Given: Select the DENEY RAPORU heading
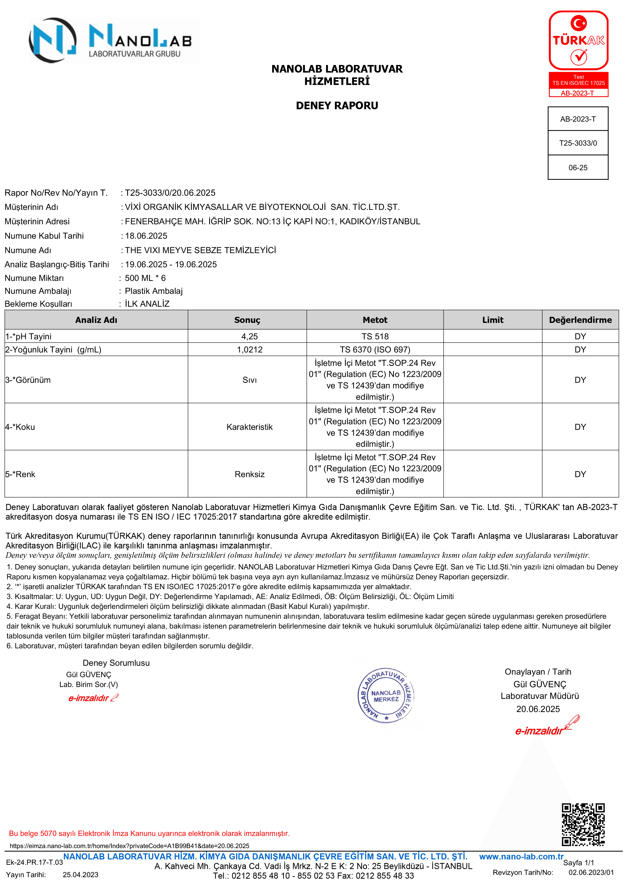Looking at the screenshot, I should click(x=337, y=105).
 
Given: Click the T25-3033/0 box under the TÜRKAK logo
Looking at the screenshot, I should click(x=578, y=143).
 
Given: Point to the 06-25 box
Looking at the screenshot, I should click(x=578, y=168).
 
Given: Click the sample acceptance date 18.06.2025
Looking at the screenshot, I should click(x=146, y=236).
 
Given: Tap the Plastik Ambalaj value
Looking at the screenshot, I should click(x=153, y=291).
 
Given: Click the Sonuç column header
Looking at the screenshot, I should click(x=247, y=320).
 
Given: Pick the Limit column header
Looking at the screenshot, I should click(x=492, y=320).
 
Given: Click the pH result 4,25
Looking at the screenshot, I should click(x=250, y=337).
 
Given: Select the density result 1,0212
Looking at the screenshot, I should click(x=250, y=350).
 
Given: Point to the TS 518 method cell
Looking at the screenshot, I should click(x=375, y=337).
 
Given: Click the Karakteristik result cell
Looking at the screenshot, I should click(x=250, y=427).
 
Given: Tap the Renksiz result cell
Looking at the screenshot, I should click(x=250, y=474).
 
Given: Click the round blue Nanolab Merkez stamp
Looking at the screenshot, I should click(x=386, y=695).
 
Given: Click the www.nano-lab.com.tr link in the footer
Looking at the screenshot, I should click(x=521, y=856).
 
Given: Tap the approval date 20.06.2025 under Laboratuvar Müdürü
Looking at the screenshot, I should click(x=538, y=709).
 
